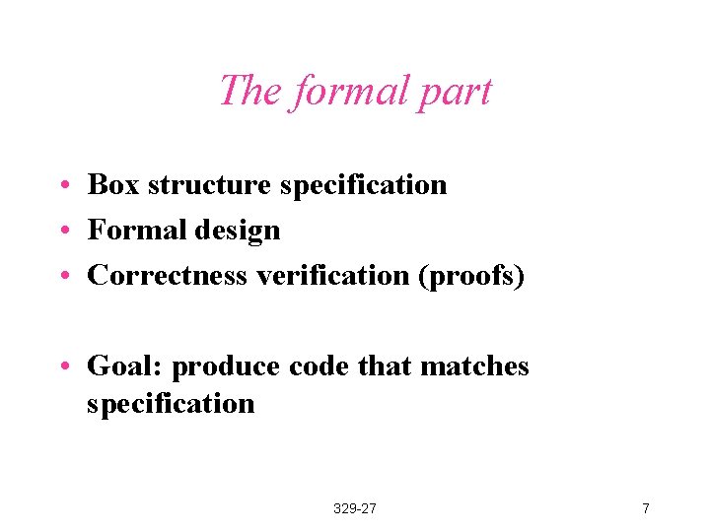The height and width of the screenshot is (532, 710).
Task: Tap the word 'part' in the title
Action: point(454,93)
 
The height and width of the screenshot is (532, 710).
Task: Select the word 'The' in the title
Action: point(248,91)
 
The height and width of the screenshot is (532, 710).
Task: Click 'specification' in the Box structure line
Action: point(363,185)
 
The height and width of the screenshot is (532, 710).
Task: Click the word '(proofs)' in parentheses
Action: point(471,277)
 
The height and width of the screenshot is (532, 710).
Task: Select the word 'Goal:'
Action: point(125,367)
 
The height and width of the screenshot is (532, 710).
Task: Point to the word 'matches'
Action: point(474,367)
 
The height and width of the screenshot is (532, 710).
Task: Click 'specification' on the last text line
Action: point(171,404)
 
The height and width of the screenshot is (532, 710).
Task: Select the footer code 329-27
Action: point(355,508)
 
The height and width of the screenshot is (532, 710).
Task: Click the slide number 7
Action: point(645,508)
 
